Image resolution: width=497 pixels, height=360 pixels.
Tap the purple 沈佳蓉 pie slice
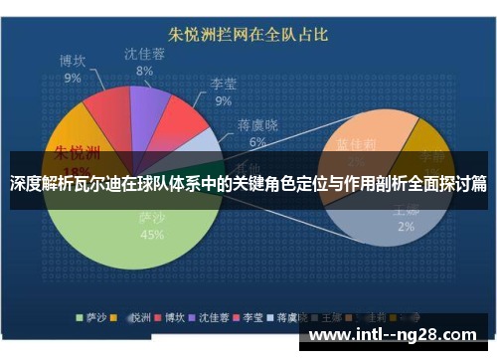click(149, 104)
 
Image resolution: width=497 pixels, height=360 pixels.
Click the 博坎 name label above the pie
click(72, 61)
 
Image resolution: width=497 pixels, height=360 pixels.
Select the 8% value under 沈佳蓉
click(144, 71)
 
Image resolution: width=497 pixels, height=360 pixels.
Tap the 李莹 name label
click(223, 86)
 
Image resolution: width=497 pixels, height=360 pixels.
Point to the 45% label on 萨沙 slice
click(152, 235)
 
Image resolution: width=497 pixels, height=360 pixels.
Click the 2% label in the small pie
click(407, 226)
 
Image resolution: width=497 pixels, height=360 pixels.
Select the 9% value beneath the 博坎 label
click(72, 78)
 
